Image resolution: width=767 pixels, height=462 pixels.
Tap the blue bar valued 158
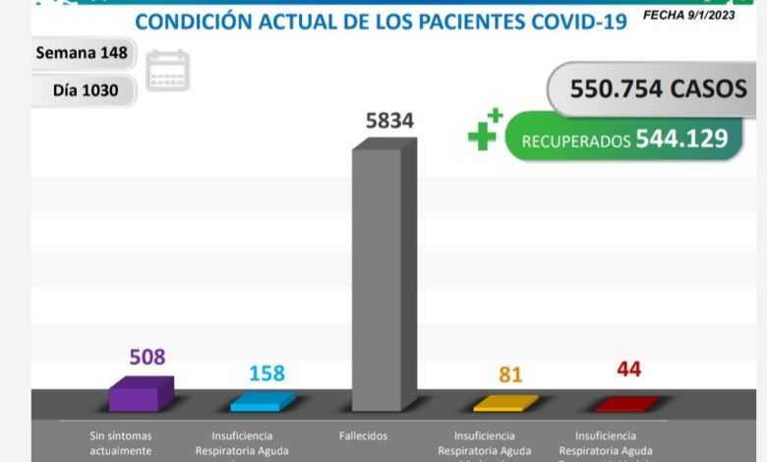(x=262, y=401)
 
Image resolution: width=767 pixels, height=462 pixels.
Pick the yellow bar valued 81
(x=504, y=403)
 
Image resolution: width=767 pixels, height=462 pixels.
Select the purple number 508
(x=148, y=357)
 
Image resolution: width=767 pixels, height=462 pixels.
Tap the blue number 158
(x=265, y=374)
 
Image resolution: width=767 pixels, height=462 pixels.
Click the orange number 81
(x=509, y=375)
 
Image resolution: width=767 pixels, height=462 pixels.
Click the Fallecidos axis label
(x=364, y=435)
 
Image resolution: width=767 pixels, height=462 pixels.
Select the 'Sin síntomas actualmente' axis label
(x=120, y=442)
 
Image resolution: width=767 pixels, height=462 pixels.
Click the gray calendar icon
(x=167, y=71)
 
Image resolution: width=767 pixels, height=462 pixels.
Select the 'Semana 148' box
(x=81, y=53)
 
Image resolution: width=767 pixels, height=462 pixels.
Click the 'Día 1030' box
(x=86, y=90)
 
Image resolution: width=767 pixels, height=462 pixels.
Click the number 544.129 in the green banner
(x=681, y=140)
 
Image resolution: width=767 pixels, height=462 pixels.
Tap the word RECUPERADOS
(x=575, y=142)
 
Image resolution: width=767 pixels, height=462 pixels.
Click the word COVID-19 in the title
(x=575, y=22)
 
